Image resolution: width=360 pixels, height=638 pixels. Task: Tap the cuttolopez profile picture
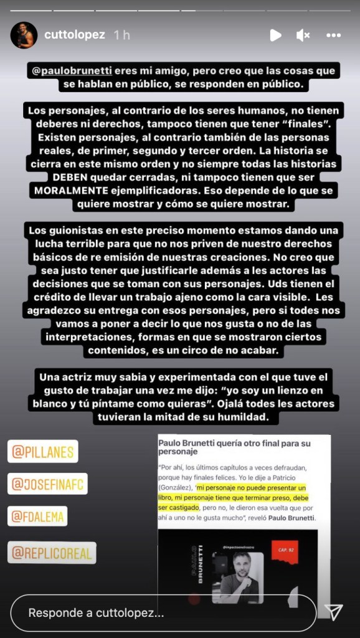24,35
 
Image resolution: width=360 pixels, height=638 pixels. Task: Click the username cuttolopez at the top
74,35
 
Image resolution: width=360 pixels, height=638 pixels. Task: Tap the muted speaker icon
303,36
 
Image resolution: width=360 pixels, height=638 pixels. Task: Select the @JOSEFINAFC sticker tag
47,483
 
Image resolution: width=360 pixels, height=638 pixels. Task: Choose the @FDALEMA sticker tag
37,517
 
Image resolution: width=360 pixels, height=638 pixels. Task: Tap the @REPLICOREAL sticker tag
52,552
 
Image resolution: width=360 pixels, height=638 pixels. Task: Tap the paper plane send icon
334,612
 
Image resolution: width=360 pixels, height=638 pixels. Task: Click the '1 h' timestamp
121,35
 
